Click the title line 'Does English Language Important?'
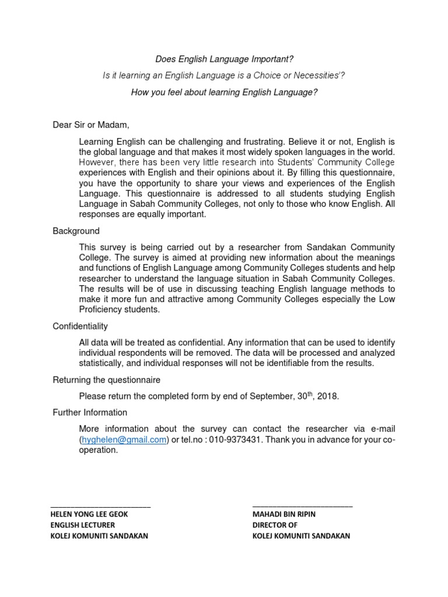224,59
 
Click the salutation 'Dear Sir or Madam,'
90,125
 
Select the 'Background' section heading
76,231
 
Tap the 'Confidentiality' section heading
80,326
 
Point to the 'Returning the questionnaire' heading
106,380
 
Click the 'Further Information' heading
90,413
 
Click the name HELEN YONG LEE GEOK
89,515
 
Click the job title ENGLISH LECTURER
83,525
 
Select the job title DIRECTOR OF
275,525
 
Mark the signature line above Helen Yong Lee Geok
101,505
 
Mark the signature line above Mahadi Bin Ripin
302,505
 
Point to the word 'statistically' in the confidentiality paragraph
103,364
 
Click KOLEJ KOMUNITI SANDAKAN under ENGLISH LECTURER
99,536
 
